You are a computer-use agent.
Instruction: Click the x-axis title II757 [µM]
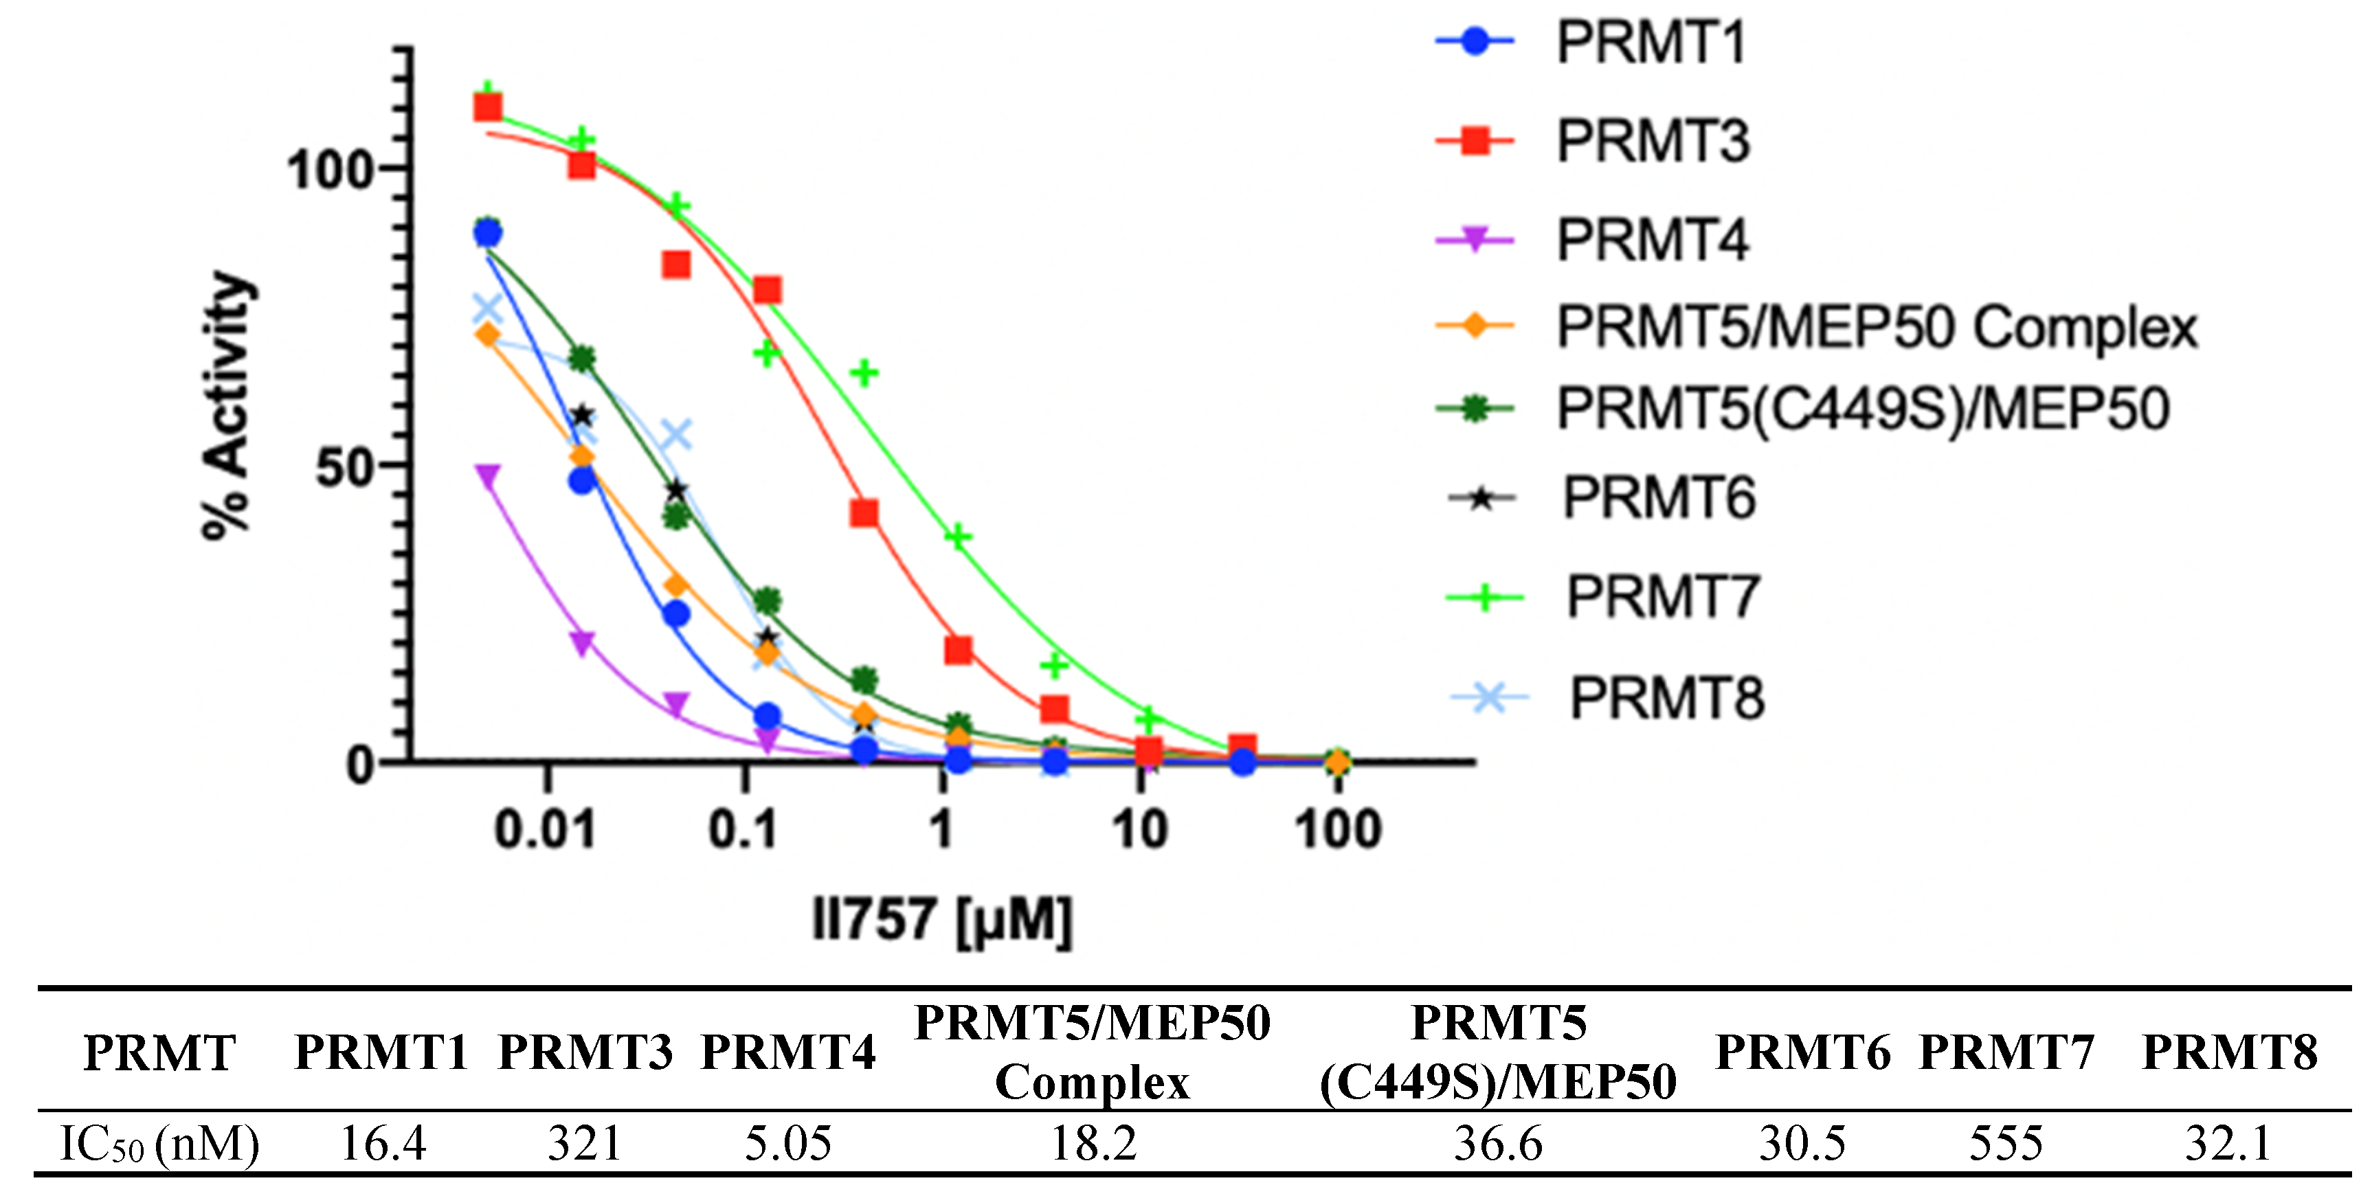[x=941, y=919]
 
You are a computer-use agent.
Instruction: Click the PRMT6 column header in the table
[x=1802, y=1052]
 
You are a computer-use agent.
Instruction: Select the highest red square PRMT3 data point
[x=487, y=108]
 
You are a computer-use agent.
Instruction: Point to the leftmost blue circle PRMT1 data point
[x=487, y=234]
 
